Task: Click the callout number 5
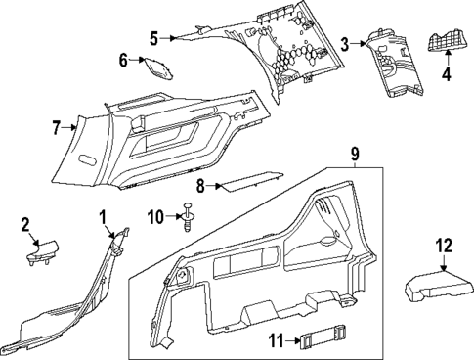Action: pos(153,38)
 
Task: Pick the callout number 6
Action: pos(124,61)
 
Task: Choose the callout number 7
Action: pos(57,126)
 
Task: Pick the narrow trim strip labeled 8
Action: pos(250,180)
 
